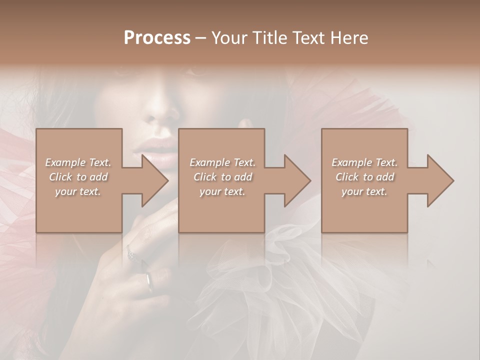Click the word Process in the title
pyautogui.click(x=157, y=37)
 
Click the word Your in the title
pyautogui.click(x=229, y=37)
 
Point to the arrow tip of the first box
pyautogui.click(x=167, y=180)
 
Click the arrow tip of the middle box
pyautogui.click(x=310, y=180)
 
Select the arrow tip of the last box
pyautogui.click(x=453, y=180)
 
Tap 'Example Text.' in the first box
pyautogui.click(x=78, y=162)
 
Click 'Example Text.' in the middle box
pyautogui.click(x=222, y=162)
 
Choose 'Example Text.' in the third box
pyautogui.click(x=364, y=162)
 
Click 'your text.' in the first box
pyautogui.click(x=78, y=191)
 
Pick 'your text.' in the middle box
pyautogui.click(x=222, y=191)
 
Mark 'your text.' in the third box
pyautogui.click(x=364, y=191)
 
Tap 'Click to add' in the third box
pyautogui.click(x=364, y=177)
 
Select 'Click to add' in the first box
pyautogui.click(x=78, y=177)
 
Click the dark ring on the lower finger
pyautogui.click(x=149, y=282)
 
